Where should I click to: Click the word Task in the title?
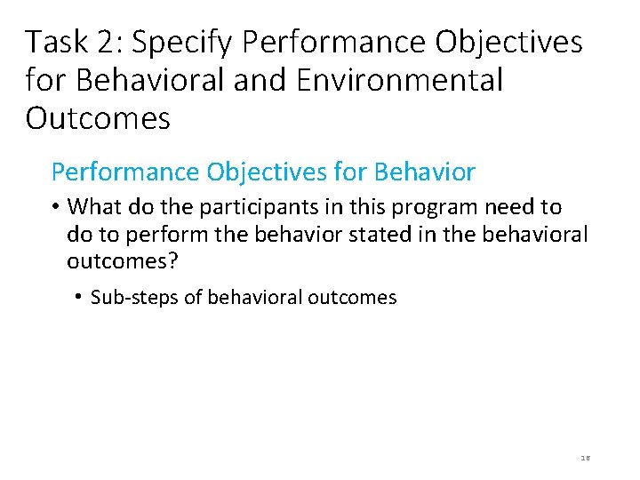coord(56,42)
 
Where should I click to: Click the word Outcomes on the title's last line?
coord(98,118)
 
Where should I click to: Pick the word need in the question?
coord(509,208)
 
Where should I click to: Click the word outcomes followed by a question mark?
coord(115,262)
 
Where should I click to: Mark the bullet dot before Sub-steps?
coord(79,297)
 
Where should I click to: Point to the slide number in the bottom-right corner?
coord(585,457)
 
